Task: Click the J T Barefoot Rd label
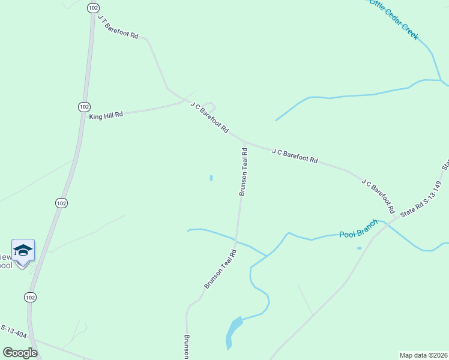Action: (x=118, y=28)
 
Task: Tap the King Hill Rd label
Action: (x=106, y=115)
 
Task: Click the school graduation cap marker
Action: (x=23, y=250)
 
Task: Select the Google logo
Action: (x=20, y=353)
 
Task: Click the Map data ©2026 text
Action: (x=423, y=355)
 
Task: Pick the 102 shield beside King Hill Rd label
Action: (x=83, y=106)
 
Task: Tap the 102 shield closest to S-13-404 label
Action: (x=31, y=297)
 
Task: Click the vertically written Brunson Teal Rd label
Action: (x=244, y=172)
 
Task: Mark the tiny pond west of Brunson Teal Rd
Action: (x=211, y=178)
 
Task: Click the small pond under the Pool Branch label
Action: (x=359, y=248)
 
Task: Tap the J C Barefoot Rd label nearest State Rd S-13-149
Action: (x=378, y=196)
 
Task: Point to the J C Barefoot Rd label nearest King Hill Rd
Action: (x=209, y=118)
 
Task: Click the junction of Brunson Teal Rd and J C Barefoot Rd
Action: (x=245, y=142)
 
